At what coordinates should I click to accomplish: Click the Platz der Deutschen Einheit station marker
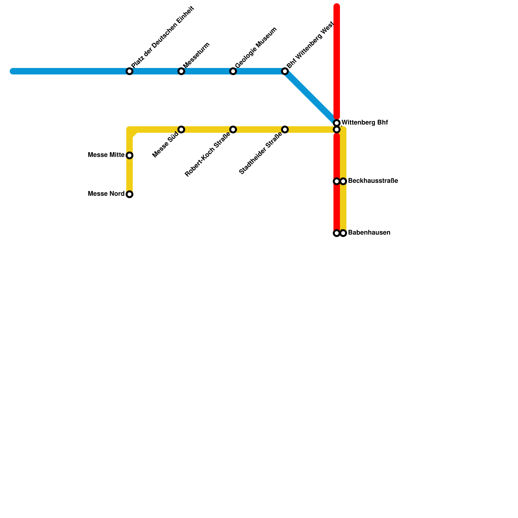(x=129, y=71)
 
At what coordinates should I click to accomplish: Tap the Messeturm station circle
(x=181, y=71)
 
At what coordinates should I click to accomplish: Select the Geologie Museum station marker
(x=233, y=71)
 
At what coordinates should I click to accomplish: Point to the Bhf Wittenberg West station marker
(x=285, y=71)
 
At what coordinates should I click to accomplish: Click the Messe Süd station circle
(x=181, y=129)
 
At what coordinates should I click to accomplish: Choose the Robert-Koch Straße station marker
(x=233, y=129)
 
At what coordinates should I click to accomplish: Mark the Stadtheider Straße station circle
(x=285, y=129)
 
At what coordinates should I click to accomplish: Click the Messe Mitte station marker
(x=129, y=155)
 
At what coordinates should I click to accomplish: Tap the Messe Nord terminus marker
(x=129, y=194)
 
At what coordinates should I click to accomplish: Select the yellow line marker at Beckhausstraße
(x=343, y=181)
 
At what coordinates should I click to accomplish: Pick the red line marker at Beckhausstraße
(x=337, y=181)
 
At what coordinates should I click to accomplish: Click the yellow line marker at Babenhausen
(x=343, y=233)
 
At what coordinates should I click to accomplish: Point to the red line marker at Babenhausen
(x=337, y=233)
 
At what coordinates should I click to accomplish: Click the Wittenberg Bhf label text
(x=365, y=123)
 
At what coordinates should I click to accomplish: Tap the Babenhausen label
(x=369, y=233)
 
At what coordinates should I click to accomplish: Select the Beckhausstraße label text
(x=373, y=181)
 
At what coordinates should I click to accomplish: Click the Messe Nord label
(x=106, y=194)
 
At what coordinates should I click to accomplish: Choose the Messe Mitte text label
(x=106, y=155)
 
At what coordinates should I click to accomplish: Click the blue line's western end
(x=13, y=71)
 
